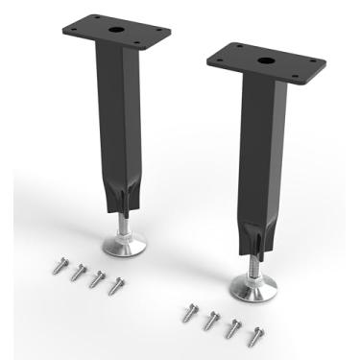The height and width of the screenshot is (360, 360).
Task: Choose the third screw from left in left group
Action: point(97,279)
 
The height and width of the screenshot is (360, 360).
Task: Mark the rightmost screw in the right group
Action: point(254,336)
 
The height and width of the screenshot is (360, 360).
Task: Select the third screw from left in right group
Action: point(233,328)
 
